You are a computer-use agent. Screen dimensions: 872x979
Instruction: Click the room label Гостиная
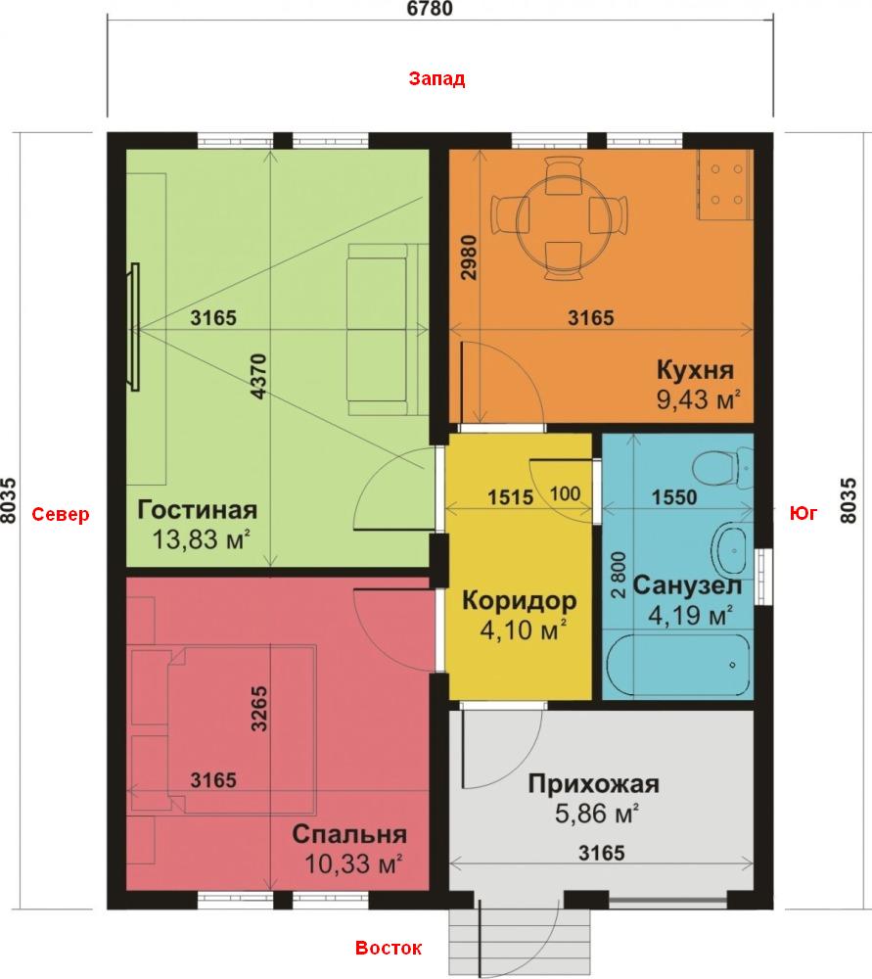pyautogui.click(x=198, y=509)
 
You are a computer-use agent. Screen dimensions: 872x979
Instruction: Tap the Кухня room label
pyautogui.click(x=695, y=370)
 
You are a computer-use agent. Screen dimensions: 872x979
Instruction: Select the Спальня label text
pyautogui.click(x=349, y=834)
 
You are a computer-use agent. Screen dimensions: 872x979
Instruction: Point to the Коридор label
pyautogui.click(x=520, y=601)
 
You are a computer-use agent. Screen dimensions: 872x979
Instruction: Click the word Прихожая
pyautogui.click(x=594, y=783)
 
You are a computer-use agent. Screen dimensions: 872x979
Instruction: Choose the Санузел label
pyautogui.click(x=687, y=585)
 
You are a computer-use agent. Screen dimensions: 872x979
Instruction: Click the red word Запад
pyautogui.click(x=436, y=79)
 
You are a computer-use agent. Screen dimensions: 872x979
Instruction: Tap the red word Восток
pyautogui.click(x=389, y=948)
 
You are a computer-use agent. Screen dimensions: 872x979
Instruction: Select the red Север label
pyautogui.click(x=61, y=515)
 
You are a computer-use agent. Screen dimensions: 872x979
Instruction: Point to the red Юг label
pyautogui.click(x=803, y=513)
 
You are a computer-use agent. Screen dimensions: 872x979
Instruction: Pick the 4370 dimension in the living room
pyautogui.click(x=258, y=377)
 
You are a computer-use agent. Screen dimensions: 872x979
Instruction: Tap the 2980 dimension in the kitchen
pyautogui.click(x=469, y=257)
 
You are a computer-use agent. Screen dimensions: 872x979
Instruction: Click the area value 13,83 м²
pyautogui.click(x=202, y=538)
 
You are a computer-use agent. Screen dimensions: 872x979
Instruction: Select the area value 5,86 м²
pyautogui.click(x=597, y=813)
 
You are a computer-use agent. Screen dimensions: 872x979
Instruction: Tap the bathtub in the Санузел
pyautogui.click(x=678, y=665)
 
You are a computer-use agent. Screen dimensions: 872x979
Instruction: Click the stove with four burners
pyautogui.click(x=725, y=185)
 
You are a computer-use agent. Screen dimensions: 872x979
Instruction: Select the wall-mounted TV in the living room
pyautogui.click(x=134, y=327)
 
